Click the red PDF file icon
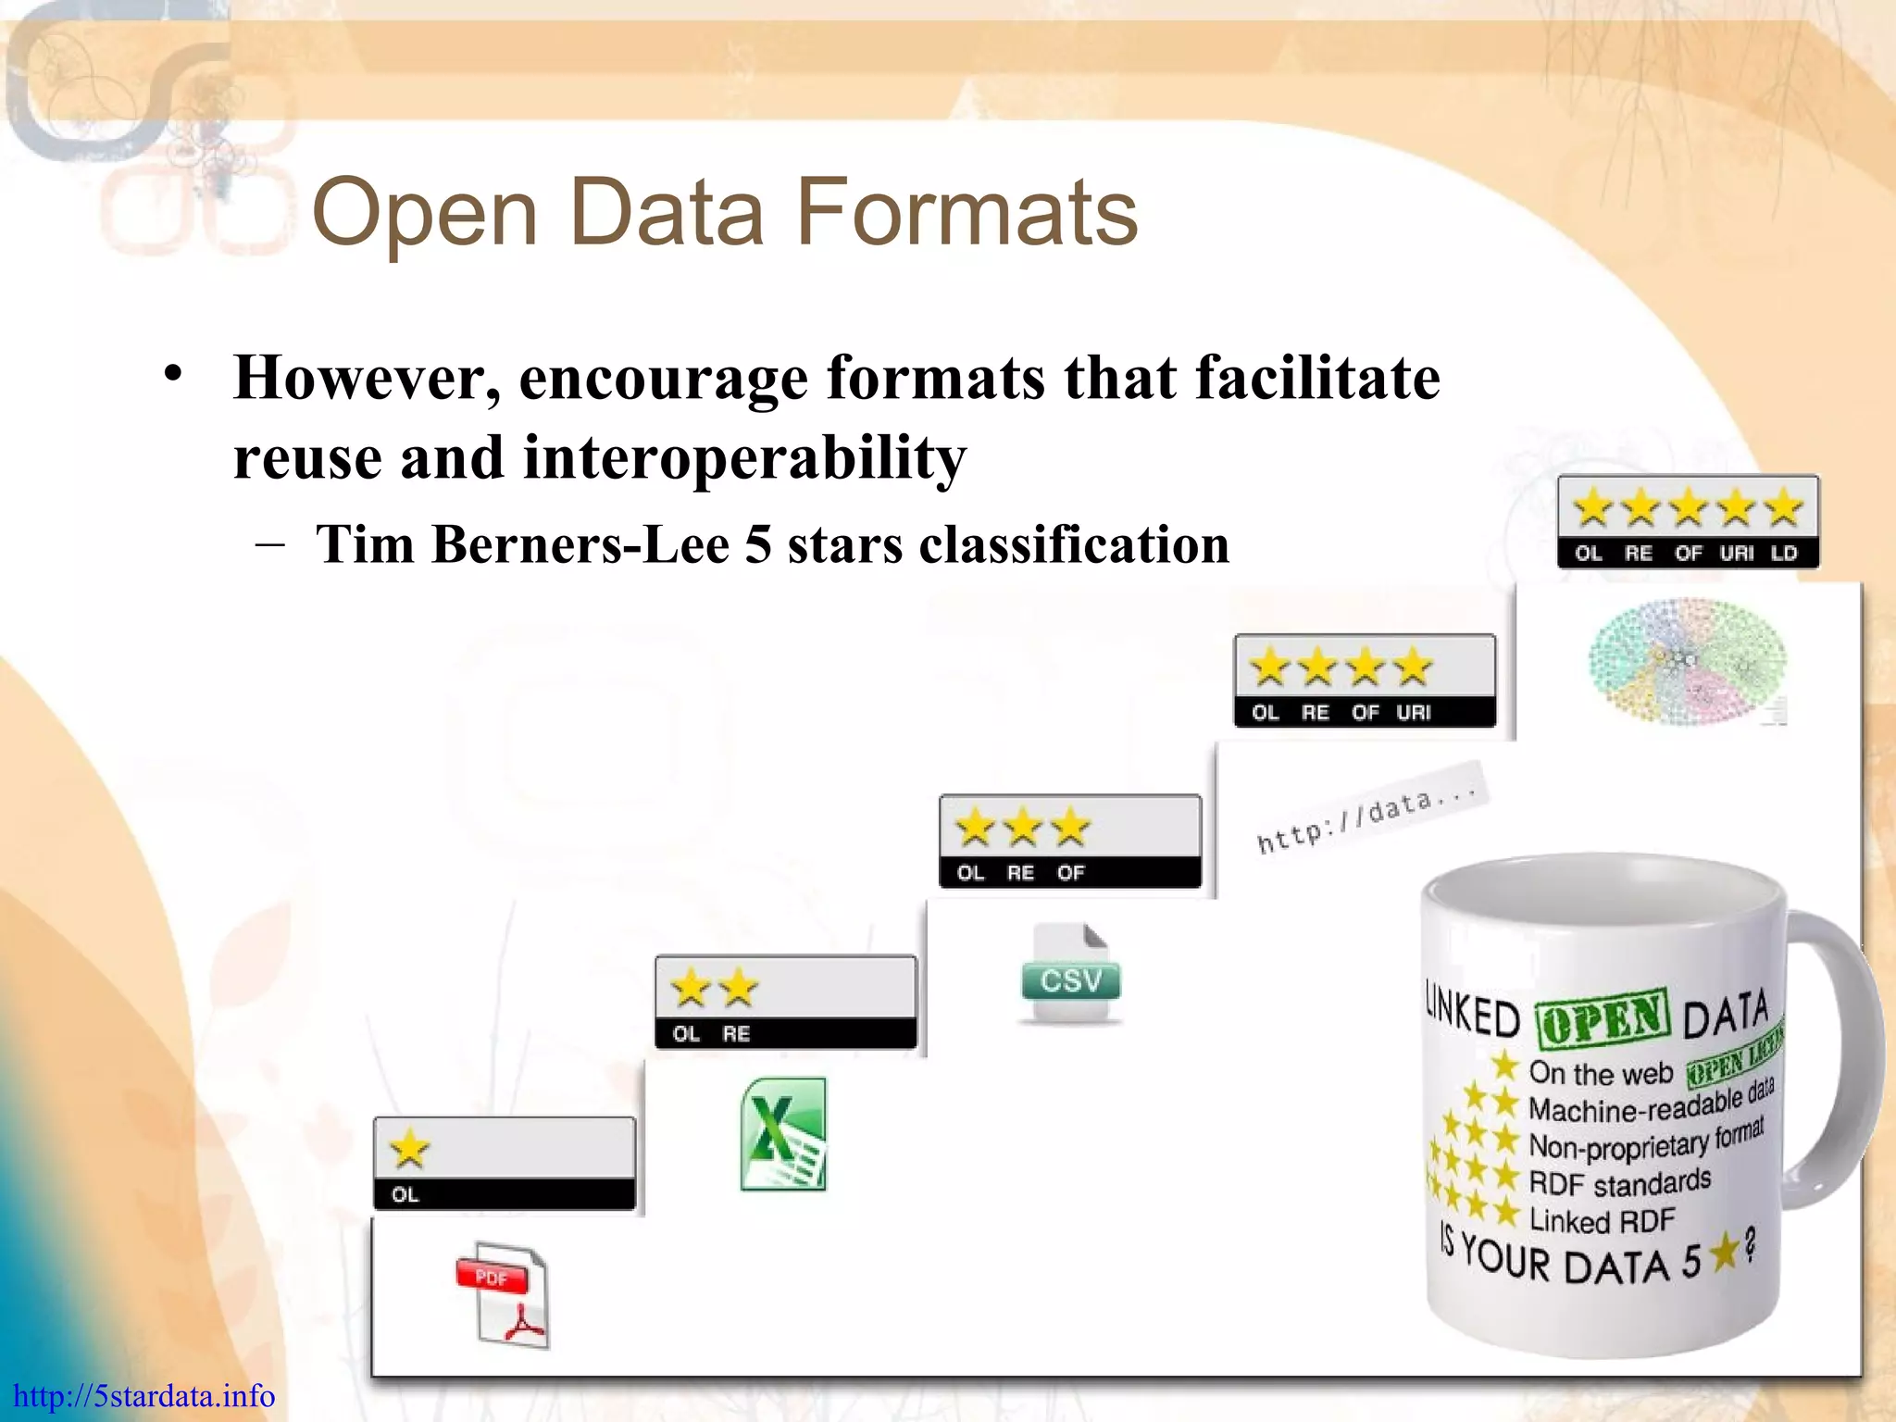coord(503,1293)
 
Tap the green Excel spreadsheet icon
coord(783,1134)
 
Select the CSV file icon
coord(1070,975)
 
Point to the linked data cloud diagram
coord(1687,660)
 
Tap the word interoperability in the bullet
coord(744,457)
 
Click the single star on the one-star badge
coord(409,1151)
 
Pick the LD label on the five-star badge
coord(1783,554)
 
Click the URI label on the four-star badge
coord(1414,713)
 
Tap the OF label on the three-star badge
coord(1070,873)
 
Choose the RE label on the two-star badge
coord(736,1034)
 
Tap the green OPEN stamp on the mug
coord(1602,1017)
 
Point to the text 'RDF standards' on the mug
coord(1620,1183)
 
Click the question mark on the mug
coord(1750,1246)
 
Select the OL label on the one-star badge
coord(405,1195)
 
